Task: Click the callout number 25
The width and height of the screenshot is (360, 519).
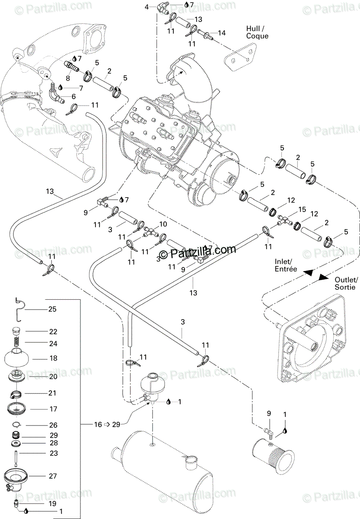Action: (52, 309)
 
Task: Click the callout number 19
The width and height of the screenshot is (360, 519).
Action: (52, 504)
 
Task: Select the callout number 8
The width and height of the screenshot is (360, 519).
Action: (68, 78)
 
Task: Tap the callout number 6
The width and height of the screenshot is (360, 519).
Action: (73, 96)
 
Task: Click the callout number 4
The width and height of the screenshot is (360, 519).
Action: (147, 7)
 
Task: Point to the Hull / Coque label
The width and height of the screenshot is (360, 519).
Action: (257, 32)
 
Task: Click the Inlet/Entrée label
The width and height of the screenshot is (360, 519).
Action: (286, 265)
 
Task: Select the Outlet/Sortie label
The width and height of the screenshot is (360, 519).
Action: (345, 283)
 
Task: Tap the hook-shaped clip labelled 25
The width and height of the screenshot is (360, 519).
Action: (19, 308)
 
